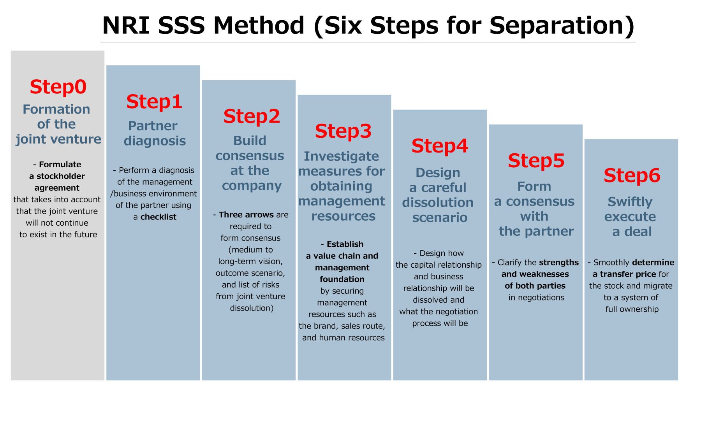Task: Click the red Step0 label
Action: [x=58, y=87]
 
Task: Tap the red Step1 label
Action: [x=154, y=102]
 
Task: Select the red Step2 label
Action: [x=252, y=116]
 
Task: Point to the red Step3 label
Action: [x=343, y=131]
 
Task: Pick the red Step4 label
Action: [x=440, y=146]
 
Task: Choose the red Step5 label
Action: [x=536, y=161]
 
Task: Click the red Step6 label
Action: [x=632, y=175]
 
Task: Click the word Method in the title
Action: [x=259, y=25]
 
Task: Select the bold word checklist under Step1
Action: [x=158, y=217]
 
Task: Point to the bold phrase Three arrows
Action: [x=246, y=215]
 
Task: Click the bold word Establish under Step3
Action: [x=345, y=244]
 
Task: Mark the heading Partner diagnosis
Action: [x=154, y=133]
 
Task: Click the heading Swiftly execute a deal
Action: [x=631, y=217]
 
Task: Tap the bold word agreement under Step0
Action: [x=57, y=188]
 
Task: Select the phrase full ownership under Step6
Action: [x=632, y=309]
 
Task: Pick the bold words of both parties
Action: [x=535, y=286]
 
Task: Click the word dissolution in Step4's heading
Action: [x=438, y=203]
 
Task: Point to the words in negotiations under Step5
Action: [x=536, y=298]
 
